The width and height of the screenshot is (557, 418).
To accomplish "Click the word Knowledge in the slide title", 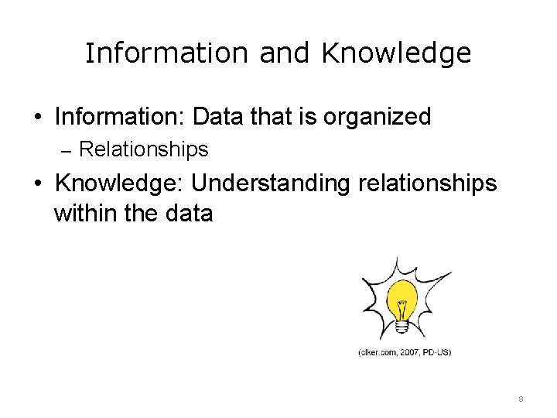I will tap(396, 53).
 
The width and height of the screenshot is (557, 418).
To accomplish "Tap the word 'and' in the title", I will tap(285, 53).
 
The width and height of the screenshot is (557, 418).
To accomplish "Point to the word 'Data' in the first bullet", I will tap(219, 117).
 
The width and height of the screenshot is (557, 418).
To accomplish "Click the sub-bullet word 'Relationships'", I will tap(144, 149).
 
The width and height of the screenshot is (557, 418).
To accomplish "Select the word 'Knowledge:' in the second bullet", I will tap(120, 183).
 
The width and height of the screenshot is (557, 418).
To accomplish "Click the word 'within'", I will tap(85, 213).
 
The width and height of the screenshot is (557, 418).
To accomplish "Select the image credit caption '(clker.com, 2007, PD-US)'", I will tap(404, 352).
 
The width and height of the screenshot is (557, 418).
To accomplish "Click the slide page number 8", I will tap(521, 399).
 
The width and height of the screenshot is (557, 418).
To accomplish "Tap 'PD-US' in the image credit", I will tap(436, 352).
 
